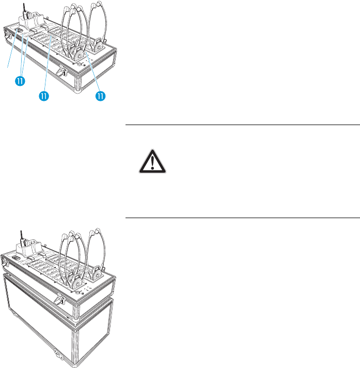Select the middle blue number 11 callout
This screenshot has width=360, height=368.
point(44,96)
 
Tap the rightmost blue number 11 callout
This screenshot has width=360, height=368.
point(101,96)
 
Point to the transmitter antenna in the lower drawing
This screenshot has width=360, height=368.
point(21,237)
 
